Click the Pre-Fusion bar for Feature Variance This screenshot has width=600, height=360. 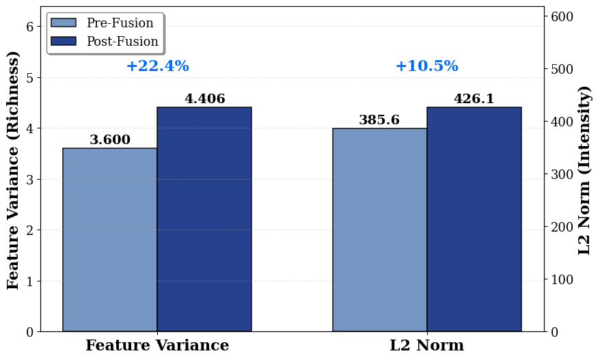point(110,240)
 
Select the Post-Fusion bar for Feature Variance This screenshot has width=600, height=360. point(204,219)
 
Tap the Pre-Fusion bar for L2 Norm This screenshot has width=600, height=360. point(380,230)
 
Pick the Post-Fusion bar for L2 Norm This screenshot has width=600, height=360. point(474,219)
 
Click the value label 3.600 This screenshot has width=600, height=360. point(110,139)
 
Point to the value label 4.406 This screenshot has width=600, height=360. point(205,98)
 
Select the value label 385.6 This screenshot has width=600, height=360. point(379,120)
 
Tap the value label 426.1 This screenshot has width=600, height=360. point(474,98)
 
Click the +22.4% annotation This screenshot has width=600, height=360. point(158,66)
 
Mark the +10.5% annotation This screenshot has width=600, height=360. point(427,66)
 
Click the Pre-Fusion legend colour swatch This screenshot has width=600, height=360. point(64,23)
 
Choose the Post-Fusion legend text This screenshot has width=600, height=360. point(122,41)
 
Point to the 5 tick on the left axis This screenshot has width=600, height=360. point(30,78)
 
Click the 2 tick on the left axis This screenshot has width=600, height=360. point(30,230)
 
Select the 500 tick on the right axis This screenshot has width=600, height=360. point(562,69)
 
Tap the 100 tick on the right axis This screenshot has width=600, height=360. point(562,279)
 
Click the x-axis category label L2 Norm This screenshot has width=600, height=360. point(427,346)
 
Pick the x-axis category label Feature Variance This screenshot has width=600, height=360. point(157,346)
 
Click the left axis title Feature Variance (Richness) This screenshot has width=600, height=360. point(12,170)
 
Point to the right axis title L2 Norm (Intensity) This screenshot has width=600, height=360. point(584,170)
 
